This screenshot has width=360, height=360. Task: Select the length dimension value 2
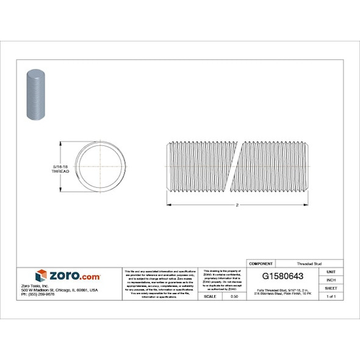coord(236,204)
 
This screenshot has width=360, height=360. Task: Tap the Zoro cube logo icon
coord(41,276)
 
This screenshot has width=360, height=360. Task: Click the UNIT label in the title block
coord(331,271)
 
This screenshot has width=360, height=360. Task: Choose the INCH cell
coord(331,279)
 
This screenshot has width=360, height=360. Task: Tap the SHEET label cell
coord(331,287)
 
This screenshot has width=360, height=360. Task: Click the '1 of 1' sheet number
coord(331,296)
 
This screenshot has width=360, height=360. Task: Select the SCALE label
coord(209,296)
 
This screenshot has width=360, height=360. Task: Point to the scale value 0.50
coord(234,296)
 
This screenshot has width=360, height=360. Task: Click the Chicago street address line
coord(59,290)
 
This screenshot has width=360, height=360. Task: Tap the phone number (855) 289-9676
coord(38,294)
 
